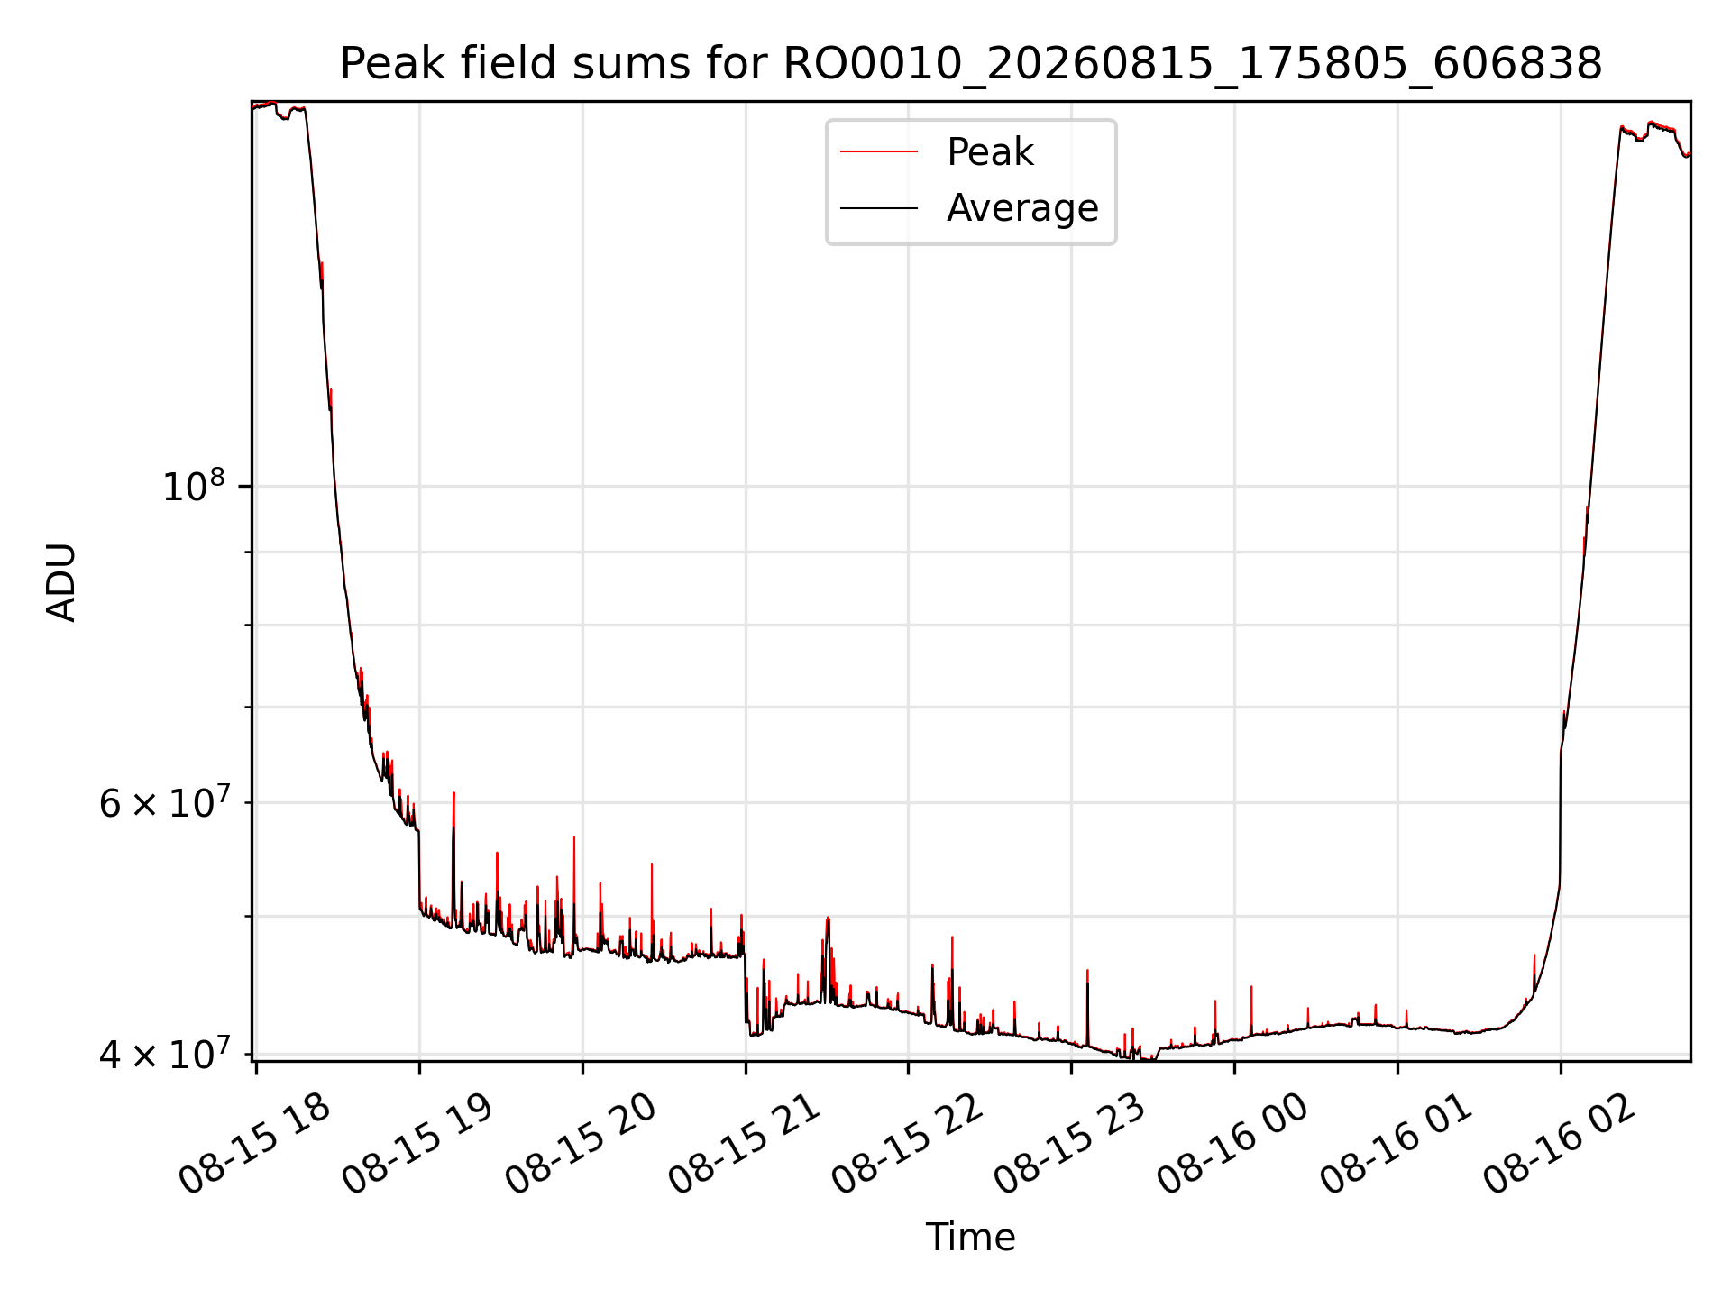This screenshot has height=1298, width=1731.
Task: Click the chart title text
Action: coord(971,64)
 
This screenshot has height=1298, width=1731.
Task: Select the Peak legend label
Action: coord(990,152)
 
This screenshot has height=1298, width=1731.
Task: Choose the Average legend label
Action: coord(1022,208)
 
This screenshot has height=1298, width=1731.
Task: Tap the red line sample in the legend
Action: coord(879,152)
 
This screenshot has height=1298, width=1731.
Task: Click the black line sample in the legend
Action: coord(879,208)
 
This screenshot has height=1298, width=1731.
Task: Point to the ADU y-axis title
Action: coord(61,581)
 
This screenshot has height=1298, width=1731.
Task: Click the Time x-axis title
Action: coord(971,1238)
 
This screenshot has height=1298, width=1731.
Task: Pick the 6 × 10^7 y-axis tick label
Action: coord(165,800)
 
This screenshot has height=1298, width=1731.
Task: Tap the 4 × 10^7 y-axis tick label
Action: coord(165,1052)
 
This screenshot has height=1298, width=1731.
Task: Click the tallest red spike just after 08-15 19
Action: coord(453,811)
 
